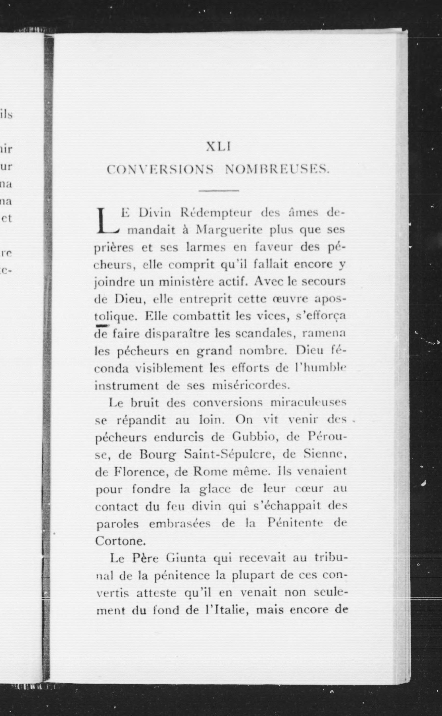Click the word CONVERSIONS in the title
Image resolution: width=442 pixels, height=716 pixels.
pyautogui.click(x=160, y=170)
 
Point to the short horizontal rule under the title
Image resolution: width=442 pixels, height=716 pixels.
pyautogui.click(x=219, y=191)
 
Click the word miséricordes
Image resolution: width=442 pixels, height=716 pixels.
pyautogui.click(x=250, y=386)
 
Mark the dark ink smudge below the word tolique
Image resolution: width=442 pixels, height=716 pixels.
pyautogui.click(x=102, y=326)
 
